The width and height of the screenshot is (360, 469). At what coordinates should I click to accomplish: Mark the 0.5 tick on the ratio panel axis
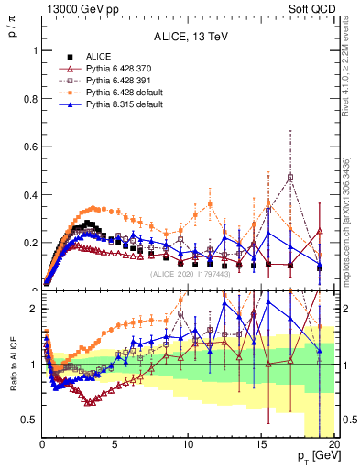(x=27, y=420)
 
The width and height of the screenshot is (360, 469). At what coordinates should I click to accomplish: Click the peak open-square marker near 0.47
(x=290, y=177)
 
